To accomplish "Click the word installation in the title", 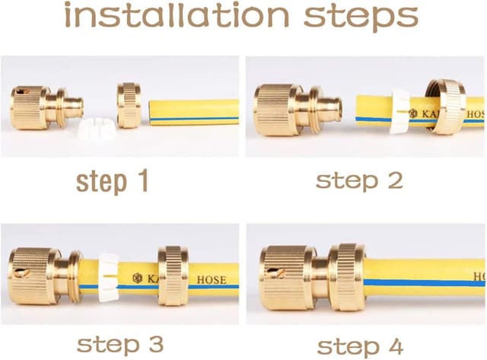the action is click(177, 14).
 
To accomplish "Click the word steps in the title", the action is click(361, 17).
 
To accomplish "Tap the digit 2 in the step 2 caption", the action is click(396, 180).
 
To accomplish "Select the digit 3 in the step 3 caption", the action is click(156, 345).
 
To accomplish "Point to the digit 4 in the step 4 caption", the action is click(395, 346).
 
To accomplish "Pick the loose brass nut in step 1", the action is click(129, 105).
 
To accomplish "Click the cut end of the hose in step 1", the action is click(151, 113).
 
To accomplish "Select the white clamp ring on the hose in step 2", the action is click(399, 111).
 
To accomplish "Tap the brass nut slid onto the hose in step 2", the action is click(446, 107).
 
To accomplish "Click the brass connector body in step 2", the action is click(298, 110).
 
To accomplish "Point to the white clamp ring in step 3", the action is click(109, 277).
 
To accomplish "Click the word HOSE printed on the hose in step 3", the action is click(212, 280).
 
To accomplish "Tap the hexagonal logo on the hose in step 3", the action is click(137, 278).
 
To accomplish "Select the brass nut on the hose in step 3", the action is click(173, 276).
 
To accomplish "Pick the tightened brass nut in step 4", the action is click(348, 277).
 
